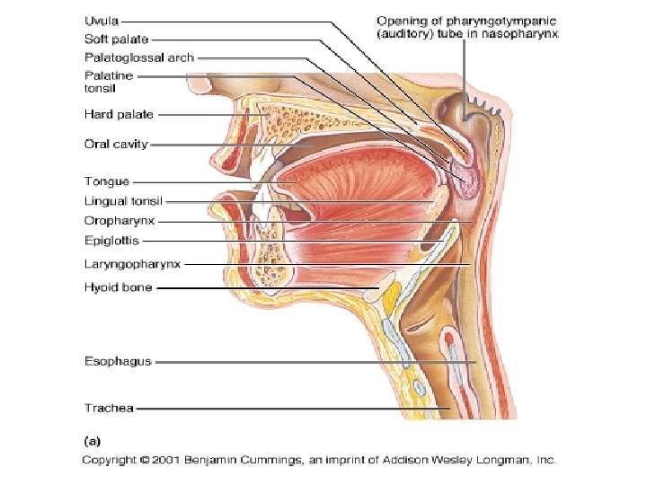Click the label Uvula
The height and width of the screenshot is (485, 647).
tap(101, 20)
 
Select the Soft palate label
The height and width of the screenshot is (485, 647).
tap(116, 40)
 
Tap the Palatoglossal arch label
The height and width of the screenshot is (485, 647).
tap(138, 57)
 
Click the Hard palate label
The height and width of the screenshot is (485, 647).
tap(119, 114)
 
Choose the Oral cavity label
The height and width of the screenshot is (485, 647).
tap(116, 143)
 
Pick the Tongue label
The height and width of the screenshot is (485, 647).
tap(107, 182)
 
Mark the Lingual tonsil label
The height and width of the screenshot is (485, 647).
tap(123, 201)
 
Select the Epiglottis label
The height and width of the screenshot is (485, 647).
tap(112, 241)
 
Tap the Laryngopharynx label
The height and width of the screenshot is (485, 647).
tap(132, 264)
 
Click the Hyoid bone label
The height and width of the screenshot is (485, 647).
tap(118, 287)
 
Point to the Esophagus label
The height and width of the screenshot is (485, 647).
tap(118, 362)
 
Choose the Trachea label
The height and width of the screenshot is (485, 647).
tap(109, 409)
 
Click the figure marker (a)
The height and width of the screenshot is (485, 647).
tap(92, 441)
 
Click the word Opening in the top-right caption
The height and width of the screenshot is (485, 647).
tap(399, 20)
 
